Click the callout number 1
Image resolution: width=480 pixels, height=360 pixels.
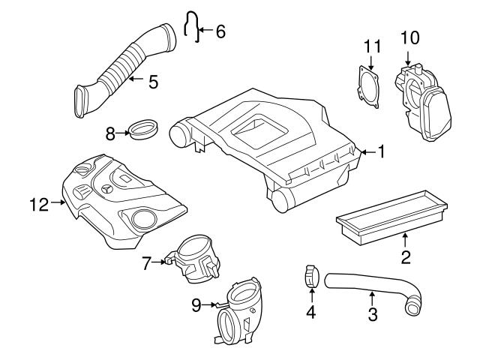coord(381,153)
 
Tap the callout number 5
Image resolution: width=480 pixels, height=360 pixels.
coord(152,81)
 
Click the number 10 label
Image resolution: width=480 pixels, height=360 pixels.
coord(409,36)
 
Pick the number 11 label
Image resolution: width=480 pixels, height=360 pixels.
coord(368,47)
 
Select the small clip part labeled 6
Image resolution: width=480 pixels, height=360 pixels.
coord(191,27)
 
